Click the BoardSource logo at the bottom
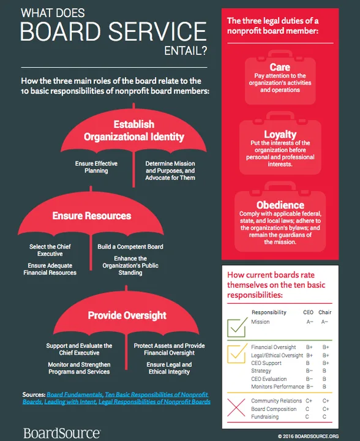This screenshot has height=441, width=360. (62, 433)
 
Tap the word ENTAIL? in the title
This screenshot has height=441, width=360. (186, 51)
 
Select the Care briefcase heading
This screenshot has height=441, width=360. (280, 67)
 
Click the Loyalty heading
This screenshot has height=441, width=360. (280, 134)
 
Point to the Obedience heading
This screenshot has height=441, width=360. (280, 205)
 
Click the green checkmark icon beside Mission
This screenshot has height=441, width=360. (237, 327)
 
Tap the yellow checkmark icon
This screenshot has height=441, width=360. (237, 353)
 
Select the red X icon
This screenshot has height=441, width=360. (236, 407)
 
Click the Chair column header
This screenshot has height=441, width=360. (325, 312)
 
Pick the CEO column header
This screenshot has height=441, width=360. (308, 312)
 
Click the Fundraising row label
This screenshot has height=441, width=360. (264, 417)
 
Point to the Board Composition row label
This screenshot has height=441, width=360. (274, 409)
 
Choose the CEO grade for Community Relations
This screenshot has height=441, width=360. (309, 401)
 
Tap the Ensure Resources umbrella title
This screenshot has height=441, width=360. (92, 216)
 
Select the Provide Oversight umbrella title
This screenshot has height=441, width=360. (127, 315)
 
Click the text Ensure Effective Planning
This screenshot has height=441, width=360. (96, 167)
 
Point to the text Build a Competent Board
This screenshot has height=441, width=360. (130, 247)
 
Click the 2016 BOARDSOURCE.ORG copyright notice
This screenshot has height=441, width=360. (308, 436)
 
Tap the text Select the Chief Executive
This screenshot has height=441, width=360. (50, 250)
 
